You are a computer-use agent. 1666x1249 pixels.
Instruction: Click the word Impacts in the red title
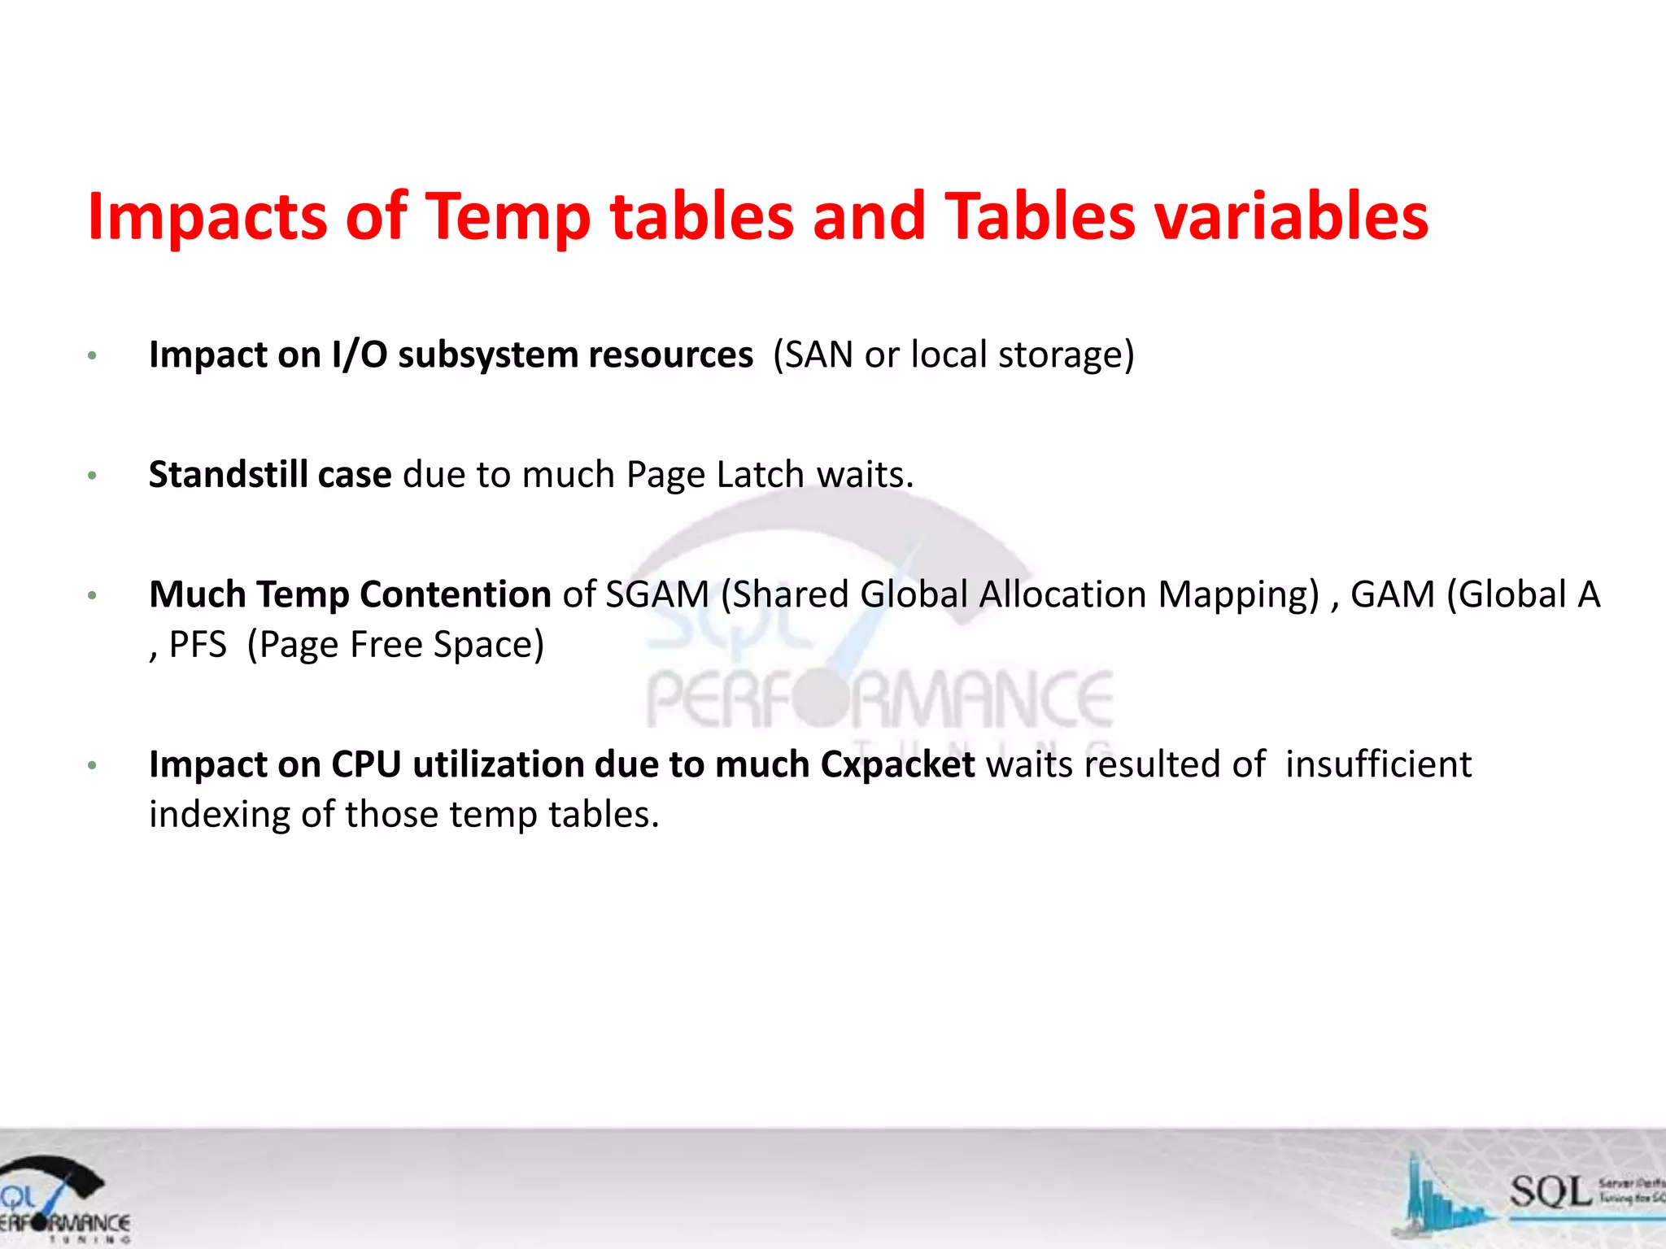click(206, 217)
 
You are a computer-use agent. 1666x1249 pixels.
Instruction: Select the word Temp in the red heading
click(508, 217)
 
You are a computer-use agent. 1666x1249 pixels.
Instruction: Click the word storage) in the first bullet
click(1066, 355)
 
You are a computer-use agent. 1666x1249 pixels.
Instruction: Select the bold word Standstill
click(228, 475)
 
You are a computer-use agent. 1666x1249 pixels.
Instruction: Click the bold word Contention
click(456, 594)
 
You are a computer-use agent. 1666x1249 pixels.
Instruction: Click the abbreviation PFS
click(198, 645)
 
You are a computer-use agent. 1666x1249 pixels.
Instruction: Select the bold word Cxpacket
click(897, 764)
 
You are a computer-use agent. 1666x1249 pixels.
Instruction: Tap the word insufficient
click(1378, 764)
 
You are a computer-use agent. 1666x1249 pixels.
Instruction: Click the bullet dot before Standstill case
click(93, 476)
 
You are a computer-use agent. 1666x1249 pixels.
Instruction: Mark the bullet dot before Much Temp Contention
click(93, 596)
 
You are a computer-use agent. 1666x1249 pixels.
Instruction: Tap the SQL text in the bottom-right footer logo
click(1550, 1191)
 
